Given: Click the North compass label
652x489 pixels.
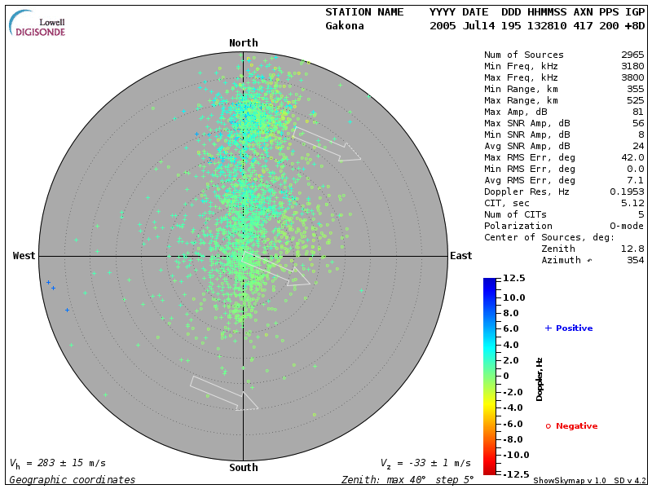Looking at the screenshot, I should point(243,43).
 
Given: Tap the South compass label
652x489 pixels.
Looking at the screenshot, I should point(243,468).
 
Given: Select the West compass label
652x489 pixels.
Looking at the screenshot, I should point(24,256).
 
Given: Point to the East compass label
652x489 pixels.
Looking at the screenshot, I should point(460,256).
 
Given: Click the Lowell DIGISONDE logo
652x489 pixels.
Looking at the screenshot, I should point(38,24).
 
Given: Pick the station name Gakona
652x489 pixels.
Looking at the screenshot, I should point(345,26).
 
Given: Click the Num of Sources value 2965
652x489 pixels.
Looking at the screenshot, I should point(632,55).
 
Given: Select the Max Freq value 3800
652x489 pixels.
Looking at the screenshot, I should point(632,78).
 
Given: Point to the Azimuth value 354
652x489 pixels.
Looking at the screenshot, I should point(634,261).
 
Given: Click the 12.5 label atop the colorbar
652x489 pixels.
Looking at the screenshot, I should point(513,279).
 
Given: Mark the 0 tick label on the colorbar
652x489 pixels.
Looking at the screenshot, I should point(505,376).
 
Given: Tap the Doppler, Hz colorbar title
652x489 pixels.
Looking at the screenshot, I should point(540,378).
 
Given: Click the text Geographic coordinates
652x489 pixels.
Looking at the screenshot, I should point(73,480).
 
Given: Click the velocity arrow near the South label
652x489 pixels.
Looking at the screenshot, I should point(224,393).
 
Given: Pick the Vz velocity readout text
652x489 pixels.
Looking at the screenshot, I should point(425,463).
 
